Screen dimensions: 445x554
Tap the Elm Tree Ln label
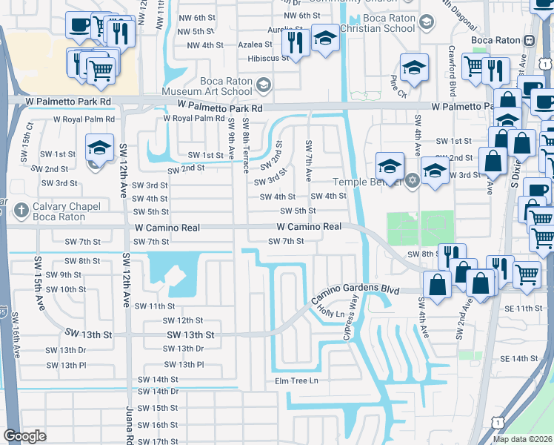pos(296,381)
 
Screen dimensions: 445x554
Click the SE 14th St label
pos(518,359)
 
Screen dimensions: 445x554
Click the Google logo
pos(24,436)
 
